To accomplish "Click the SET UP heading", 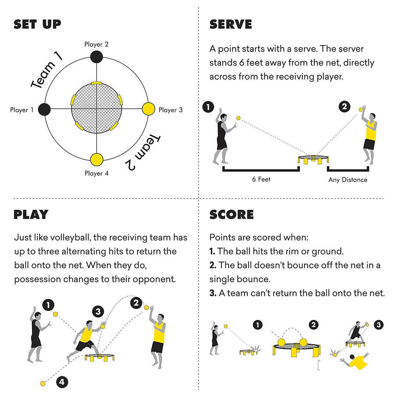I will coord(37,24).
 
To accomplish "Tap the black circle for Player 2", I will coord(97,57).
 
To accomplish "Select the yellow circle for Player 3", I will coord(149,109).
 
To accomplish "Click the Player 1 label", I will coord(22,110).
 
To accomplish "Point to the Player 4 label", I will coord(96,173).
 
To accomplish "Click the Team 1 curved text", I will coord(47,70).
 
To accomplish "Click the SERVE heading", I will coord(230,24).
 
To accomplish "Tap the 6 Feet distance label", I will coord(261,179).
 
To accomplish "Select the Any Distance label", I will coord(348,180).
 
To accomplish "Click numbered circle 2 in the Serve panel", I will coord(344,107).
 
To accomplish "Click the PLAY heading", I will coord(31,214).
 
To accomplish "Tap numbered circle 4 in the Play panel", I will coord(62,382).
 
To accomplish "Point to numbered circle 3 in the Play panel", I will coord(98,312).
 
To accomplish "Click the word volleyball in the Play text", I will coord(69,237).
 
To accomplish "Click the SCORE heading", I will coord(232,214).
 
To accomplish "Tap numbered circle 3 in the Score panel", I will coord(378,325).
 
